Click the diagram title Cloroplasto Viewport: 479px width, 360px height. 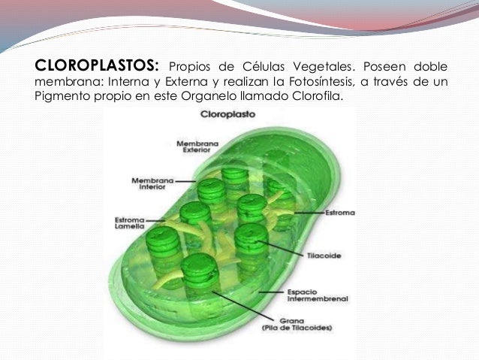point(227,116)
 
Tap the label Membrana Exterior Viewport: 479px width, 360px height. point(192,146)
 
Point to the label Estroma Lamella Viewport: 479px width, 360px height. point(129,223)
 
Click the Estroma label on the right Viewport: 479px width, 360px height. point(340,213)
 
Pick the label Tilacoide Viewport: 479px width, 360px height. point(324,256)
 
